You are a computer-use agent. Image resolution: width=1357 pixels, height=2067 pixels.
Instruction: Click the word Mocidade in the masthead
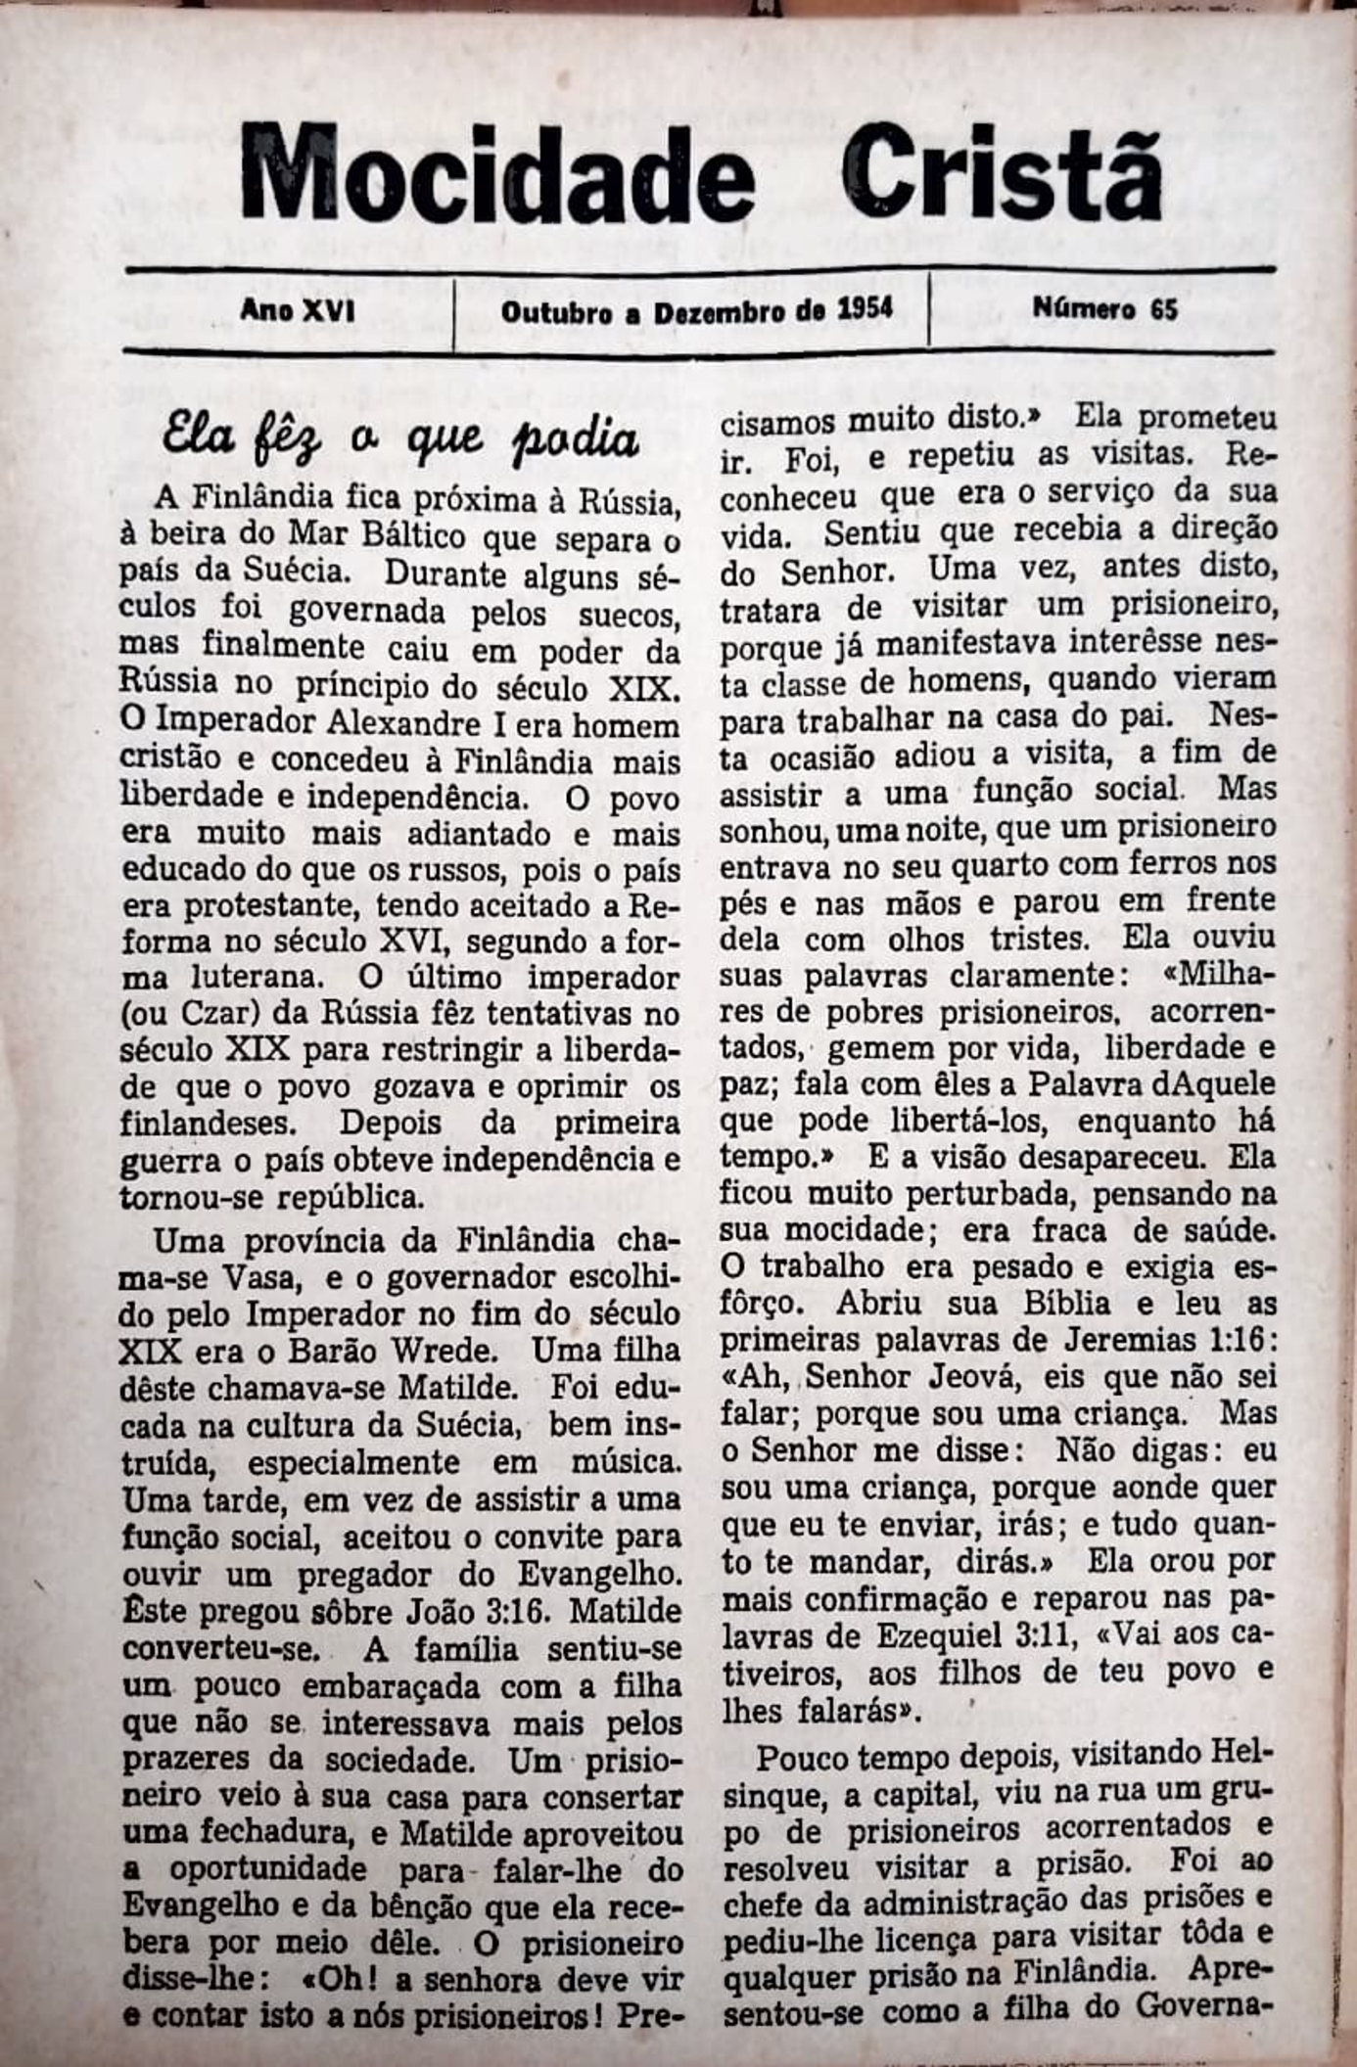click(x=497, y=174)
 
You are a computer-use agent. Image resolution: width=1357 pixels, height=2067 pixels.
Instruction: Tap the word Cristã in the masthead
click(x=1003, y=174)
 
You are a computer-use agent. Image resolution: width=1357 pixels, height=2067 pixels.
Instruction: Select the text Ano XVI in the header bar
click(x=298, y=311)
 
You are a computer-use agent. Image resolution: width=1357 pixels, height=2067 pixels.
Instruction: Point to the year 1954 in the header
click(x=865, y=310)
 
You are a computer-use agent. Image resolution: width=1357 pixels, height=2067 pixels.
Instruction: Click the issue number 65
click(x=1163, y=310)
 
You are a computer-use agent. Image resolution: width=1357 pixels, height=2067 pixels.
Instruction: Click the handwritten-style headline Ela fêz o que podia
click(x=400, y=437)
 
